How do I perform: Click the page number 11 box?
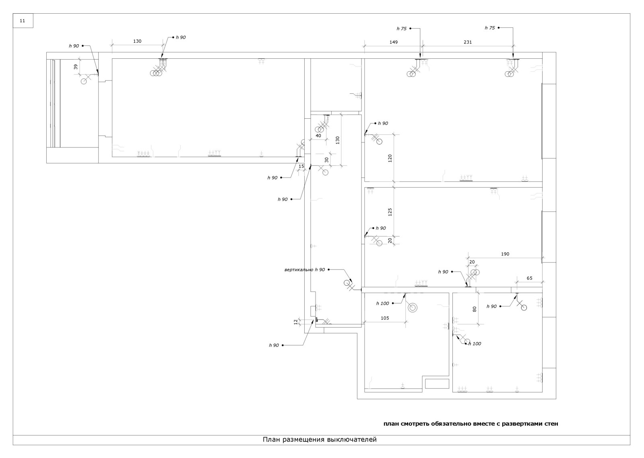click(x=23, y=21)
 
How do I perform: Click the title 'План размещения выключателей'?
click(x=320, y=439)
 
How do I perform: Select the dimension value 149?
click(x=394, y=41)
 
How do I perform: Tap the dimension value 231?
click(x=467, y=41)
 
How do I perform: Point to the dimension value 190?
click(x=505, y=254)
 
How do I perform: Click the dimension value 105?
click(x=385, y=318)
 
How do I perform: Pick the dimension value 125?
click(x=390, y=212)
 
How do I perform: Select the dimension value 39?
click(x=76, y=67)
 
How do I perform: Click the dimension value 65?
click(x=529, y=278)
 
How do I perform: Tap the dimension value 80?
click(x=475, y=309)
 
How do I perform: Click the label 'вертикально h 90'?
click(x=304, y=270)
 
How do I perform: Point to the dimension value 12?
click(x=295, y=322)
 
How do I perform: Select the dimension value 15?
click(x=301, y=166)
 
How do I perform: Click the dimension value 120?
click(x=390, y=158)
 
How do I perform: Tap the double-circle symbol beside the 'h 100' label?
click(x=413, y=308)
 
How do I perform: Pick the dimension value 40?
click(x=318, y=136)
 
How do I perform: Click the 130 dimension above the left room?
click(x=137, y=41)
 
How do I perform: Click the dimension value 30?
click(x=326, y=159)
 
